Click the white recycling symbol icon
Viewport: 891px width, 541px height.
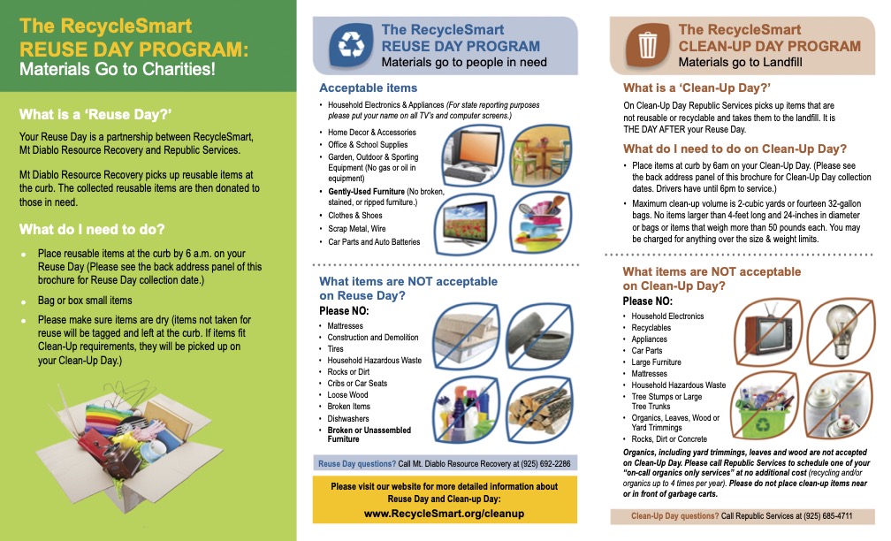pos(351,45)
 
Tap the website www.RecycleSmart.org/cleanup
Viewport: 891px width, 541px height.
pos(445,513)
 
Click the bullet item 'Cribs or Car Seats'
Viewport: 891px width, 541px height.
pos(357,384)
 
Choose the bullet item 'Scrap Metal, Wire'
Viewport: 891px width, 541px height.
pos(357,228)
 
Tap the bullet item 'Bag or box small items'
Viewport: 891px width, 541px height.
pos(85,301)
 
